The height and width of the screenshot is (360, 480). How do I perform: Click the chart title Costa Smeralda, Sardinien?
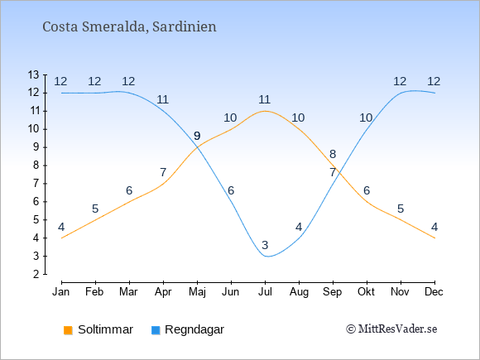[129, 27]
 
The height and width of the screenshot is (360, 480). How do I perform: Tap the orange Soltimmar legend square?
[68, 330]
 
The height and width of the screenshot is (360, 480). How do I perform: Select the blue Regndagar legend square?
[156, 330]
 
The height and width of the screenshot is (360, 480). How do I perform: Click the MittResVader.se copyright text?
[391, 329]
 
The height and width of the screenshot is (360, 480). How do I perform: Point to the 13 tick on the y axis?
[33, 74]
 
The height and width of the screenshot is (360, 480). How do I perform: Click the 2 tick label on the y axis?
[36, 274]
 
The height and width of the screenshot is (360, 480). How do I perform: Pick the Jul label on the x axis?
[265, 292]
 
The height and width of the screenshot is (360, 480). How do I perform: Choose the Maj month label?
[197, 292]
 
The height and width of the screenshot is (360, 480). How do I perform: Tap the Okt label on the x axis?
[366, 292]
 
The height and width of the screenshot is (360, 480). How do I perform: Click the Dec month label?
[434, 292]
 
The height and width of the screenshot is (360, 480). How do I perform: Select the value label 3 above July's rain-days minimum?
[265, 245]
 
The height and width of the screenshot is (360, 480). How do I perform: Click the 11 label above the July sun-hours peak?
[264, 99]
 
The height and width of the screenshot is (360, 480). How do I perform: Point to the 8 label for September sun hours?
[333, 154]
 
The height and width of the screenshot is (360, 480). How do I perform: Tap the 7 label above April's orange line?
[163, 172]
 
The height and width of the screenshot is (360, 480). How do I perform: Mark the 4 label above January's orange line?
[61, 227]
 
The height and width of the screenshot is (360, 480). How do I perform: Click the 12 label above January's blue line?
[60, 81]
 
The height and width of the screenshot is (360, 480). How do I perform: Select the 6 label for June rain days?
[231, 190]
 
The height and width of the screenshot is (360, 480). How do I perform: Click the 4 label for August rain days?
[299, 227]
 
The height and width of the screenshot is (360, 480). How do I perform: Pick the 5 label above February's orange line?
[95, 209]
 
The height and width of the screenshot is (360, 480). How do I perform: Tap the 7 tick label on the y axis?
[36, 184]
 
